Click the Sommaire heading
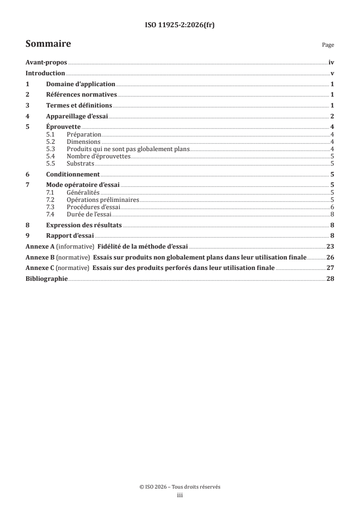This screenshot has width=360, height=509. [48, 44]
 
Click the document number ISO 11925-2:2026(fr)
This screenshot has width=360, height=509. [180, 25]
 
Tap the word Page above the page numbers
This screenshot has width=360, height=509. [328, 45]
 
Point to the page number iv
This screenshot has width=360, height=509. [331, 64]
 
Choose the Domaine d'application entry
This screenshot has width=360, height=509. [81, 84]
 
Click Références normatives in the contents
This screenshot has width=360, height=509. [82, 95]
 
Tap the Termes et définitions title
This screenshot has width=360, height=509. [79, 106]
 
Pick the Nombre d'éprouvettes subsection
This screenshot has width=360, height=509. [99, 156]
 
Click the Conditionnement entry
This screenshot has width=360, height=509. [73, 174]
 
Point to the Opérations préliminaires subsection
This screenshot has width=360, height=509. [103, 200]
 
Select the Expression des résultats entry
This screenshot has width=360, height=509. [84, 225]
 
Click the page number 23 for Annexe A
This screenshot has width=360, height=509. [330, 247]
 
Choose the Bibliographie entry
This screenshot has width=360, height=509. [47, 279]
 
